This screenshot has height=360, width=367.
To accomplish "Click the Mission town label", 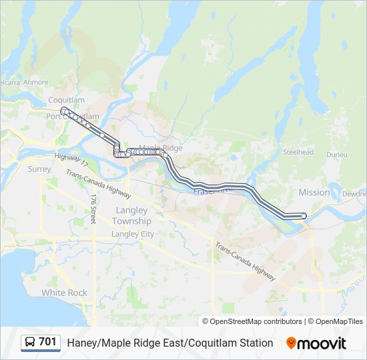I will point(314,192).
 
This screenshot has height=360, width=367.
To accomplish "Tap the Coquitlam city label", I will point(67,100).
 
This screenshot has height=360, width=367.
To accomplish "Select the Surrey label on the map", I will point(39,169).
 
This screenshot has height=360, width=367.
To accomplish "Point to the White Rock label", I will point(64,293).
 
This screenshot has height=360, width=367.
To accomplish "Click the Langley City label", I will point(132,234).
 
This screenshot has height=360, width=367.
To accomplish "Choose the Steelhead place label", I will point(298,152).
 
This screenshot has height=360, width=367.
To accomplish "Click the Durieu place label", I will point(337,155).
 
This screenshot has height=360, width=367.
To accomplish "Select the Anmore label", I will point(35,83).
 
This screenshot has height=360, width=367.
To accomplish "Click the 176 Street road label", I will point(94,209).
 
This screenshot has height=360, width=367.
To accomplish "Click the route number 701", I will point(47,342).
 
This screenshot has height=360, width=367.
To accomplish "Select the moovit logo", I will point(316,343).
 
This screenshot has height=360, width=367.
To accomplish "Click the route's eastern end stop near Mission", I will point(304,215).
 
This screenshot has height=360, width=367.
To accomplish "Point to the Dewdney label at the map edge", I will point(353,194).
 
